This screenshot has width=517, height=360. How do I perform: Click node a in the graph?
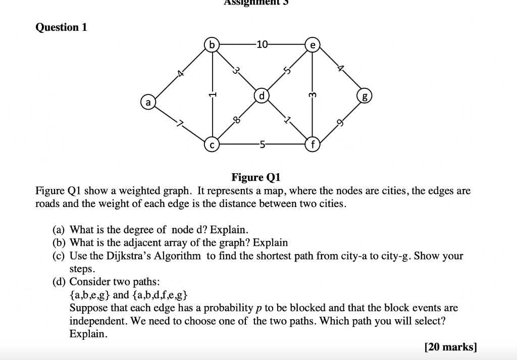point(148,102)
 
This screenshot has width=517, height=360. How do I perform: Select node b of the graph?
point(212,45)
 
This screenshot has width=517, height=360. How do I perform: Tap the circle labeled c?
point(213,145)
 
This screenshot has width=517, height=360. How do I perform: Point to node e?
point(313,45)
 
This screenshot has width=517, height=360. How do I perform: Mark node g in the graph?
point(364,96)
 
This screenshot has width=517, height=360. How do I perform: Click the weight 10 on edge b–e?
point(262,45)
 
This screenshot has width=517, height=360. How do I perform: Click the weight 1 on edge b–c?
point(213,94)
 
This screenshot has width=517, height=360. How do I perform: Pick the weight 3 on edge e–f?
point(313,94)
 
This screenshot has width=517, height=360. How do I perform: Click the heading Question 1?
point(61,27)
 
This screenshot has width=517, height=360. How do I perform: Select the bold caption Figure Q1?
point(255,177)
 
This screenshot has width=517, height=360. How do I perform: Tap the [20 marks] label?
point(450,347)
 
